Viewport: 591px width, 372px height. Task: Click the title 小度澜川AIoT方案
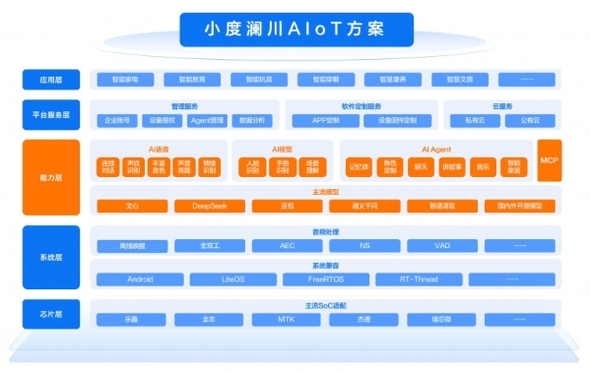coord(296,28)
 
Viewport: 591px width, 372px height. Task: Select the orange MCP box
coord(549,160)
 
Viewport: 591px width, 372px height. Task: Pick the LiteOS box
coord(219,279)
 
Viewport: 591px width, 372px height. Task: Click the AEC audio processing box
coord(287,245)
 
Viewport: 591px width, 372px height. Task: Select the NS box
coord(364,245)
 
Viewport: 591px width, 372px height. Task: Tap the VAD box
coord(442,245)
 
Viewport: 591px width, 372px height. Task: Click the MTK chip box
coord(287,320)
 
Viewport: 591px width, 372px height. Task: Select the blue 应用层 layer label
coord(51,79)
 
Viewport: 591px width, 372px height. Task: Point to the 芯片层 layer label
coord(51,313)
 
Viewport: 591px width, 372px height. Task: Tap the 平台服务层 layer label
coord(51,114)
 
